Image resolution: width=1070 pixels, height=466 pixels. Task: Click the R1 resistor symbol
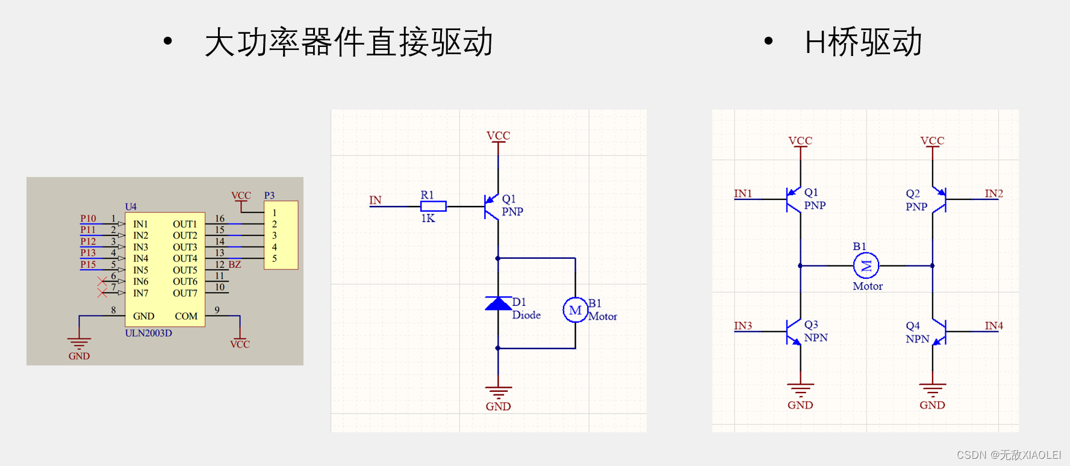click(433, 207)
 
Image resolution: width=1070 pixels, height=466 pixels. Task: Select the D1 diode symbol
click(498, 303)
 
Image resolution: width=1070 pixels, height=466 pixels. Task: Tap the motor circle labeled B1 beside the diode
click(575, 310)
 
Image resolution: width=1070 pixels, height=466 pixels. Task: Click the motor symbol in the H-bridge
click(866, 266)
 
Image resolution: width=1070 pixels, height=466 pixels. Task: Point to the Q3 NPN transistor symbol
click(794, 332)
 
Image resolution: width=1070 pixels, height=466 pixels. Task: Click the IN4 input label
click(994, 326)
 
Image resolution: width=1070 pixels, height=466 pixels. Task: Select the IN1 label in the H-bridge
click(742, 193)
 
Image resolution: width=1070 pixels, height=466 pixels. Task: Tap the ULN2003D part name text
click(148, 333)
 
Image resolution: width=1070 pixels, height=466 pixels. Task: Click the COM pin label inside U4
click(186, 316)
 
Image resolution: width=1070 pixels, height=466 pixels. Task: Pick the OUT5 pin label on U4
click(185, 270)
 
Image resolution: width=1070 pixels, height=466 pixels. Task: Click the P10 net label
click(88, 219)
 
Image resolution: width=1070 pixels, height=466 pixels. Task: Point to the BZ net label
click(234, 265)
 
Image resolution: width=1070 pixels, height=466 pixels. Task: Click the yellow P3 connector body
click(281, 235)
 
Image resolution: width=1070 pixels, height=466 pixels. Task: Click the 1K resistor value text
click(428, 219)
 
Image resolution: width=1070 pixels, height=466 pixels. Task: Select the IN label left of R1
click(375, 200)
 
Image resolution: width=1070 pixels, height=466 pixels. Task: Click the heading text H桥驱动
click(863, 42)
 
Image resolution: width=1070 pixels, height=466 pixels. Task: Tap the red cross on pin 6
click(102, 281)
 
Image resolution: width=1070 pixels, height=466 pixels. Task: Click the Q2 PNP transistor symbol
click(939, 200)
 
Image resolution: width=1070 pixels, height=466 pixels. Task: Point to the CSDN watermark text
click(1009, 455)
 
